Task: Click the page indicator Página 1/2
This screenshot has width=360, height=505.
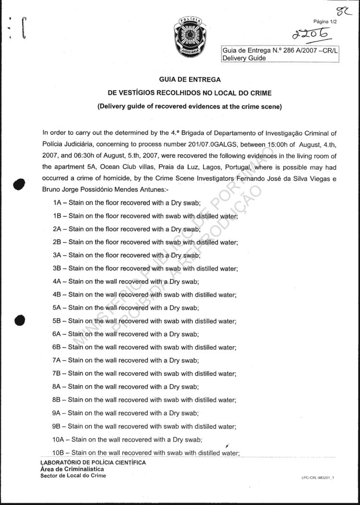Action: click(x=325, y=22)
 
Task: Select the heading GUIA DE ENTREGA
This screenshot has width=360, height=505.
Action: click(x=190, y=80)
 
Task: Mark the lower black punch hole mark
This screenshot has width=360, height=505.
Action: click(x=19, y=320)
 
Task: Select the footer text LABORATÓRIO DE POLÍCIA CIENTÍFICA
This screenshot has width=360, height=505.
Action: click(x=93, y=463)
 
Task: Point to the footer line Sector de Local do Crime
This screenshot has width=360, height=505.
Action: click(x=73, y=475)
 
